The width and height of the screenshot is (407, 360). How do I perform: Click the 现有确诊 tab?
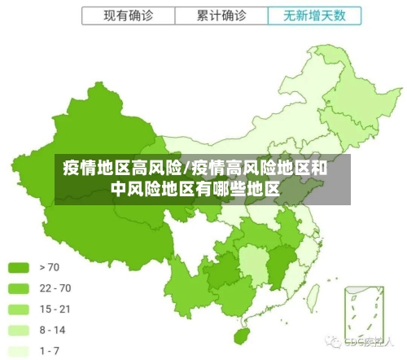tap(128, 15)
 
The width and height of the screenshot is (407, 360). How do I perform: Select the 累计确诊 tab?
tap(221, 15)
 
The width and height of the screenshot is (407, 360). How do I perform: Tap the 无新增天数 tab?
tap(313, 15)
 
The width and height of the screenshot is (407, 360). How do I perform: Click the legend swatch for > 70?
tap(19, 266)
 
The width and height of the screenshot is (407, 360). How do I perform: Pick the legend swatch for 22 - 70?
tap(19, 288)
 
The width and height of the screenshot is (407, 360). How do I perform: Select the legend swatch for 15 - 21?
tap(19, 309)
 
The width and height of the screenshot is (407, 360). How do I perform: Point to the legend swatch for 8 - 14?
tap(19, 330)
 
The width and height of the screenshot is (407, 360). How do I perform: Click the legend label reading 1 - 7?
tap(50, 351)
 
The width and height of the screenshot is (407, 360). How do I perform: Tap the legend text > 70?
tap(49, 266)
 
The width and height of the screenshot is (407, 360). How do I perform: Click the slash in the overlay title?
tap(186, 169)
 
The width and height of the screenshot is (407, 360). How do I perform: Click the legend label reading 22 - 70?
tap(55, 288)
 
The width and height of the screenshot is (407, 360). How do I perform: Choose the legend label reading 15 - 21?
tap(55, 309)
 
